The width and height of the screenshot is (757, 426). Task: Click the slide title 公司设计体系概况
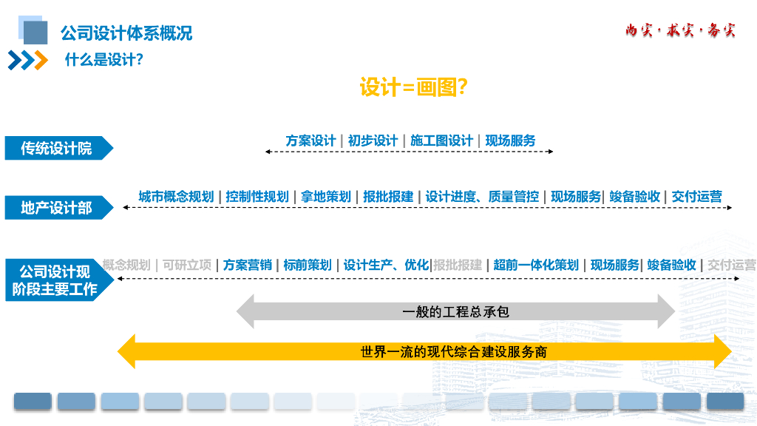[126, 33]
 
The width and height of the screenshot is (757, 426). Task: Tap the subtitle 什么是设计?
[103, 61]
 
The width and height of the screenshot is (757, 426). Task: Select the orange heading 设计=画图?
[413, 88]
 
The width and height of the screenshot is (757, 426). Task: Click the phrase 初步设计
[373, 141]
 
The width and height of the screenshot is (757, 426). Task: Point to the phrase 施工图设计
[441, 141]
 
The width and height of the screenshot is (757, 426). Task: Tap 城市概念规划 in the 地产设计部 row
[176, 197]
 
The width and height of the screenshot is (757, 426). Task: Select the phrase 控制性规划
[257, 197]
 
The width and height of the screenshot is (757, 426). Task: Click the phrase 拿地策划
[325, 197]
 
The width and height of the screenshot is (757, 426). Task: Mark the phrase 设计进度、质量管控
[482, 197]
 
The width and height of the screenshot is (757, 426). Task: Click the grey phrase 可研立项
[187, 265]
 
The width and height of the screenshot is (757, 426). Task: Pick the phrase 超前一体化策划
[536, 265]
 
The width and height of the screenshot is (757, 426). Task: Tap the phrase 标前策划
[308, 265]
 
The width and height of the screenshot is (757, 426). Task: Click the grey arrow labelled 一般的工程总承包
[455, 311]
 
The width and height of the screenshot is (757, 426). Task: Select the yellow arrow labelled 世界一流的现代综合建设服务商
[424, 351]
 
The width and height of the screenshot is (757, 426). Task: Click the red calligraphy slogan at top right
[680, 31]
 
